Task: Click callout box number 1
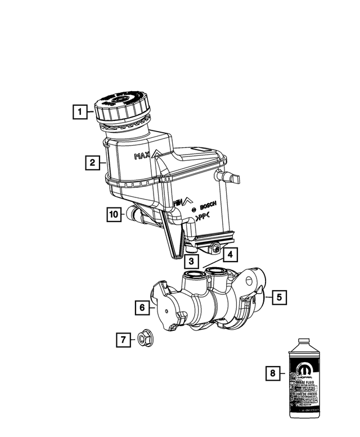[82, 112]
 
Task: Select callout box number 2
[90, 164]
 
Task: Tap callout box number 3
[192, 261]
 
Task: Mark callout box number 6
[142, 308]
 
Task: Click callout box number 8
[273, 372]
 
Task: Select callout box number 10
[114, 214]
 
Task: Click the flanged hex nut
[143, 339]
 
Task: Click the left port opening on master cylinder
[194, 274]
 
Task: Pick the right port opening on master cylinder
[217, 272]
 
